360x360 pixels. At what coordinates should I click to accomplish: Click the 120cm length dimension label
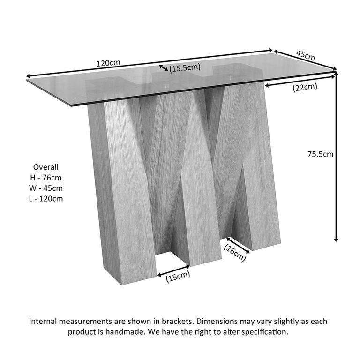(108, 62)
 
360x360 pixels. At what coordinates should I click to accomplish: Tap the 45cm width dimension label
(305, 55)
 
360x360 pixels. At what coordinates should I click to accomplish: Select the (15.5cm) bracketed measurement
(185, 69)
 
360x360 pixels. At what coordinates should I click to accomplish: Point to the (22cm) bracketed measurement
(305, 87)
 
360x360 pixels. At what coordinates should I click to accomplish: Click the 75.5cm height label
(320, 154)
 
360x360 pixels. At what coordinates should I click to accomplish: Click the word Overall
(46, 167)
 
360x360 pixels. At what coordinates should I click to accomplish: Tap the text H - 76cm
(46, 178)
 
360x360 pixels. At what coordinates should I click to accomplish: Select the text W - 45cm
(46, 188)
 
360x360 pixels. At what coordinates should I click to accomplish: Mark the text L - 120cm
(46, 199)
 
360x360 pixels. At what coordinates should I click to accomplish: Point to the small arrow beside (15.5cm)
(164, 68)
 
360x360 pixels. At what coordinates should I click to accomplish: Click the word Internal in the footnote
(45, 322)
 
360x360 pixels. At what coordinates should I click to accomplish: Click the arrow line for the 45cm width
(305, 60)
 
